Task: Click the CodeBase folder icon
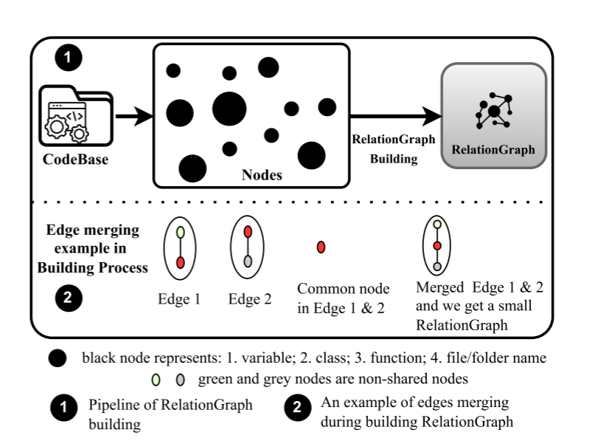[73, 117]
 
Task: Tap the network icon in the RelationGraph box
[493, 111]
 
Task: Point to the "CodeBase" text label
[75, 157]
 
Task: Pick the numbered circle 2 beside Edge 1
[69, 299]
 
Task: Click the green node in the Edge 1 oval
[181, 231]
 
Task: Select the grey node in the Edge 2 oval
[249, 261]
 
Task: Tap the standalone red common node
[321, 247]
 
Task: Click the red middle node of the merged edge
[437, 245]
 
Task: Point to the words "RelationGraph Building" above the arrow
[393, 148]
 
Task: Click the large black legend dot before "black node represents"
[57, 360]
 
